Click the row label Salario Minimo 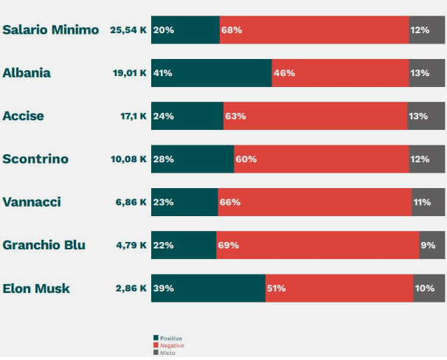pyautogui.click(x=50, y=30)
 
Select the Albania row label pyautogui.click(x=27, y=73)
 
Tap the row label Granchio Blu pyautogui.click(x=44, y=245)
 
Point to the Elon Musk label pyautogui.click(x=36, y=288)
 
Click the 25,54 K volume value pyautogui.click(x=128, y=30)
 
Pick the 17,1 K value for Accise pyautogui.click(x=130, y=116)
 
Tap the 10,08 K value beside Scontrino pyautogui.click(x=129, y=159)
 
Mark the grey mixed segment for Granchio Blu pyautogui.click(x=432, y=245)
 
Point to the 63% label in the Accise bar pyautogui.click(x=236, y=116)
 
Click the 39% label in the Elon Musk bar pyautogui.click(x=164, y=288)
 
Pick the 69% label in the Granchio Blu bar pyautogui.click(x=229, y=245)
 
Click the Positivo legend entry pyautogui.click(x=169, y=338)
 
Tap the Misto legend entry pyautogui.click(x=166, y=353)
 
